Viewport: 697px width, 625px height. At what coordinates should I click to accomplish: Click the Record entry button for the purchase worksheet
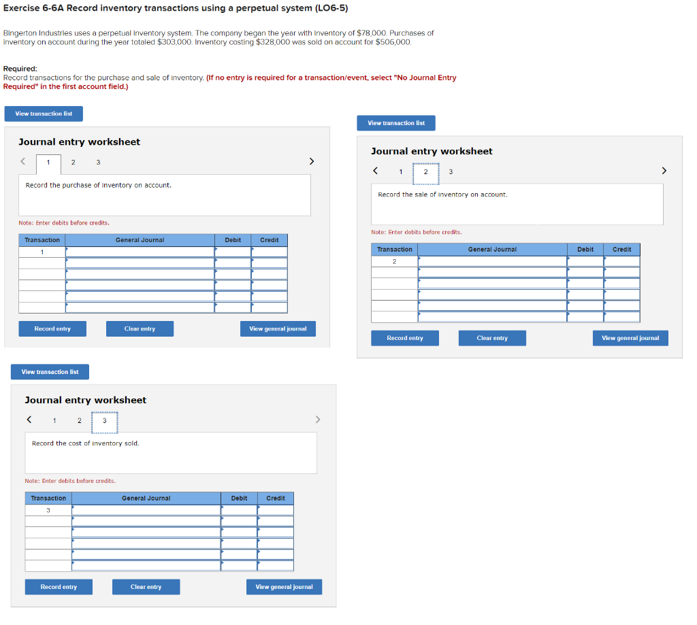52,328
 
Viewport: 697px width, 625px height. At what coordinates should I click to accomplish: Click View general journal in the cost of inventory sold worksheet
284,587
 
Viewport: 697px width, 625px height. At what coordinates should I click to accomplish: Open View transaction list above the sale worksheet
396,123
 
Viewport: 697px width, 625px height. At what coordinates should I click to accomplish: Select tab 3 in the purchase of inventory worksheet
98,162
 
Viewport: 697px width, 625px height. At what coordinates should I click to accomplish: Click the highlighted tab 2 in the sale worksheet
426,171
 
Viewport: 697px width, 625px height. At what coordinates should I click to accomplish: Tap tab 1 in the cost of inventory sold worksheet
54,420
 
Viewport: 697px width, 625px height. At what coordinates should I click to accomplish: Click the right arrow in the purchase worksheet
312,161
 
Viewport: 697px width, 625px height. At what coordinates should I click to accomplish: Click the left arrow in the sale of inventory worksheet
375,171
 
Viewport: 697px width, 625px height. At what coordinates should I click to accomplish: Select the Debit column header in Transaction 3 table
239,499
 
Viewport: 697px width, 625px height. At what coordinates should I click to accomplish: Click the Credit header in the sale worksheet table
621,250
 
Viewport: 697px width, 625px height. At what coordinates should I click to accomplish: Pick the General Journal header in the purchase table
140,240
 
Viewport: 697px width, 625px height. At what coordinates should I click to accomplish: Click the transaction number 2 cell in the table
394,261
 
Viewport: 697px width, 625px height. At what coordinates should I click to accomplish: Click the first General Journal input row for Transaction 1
140,252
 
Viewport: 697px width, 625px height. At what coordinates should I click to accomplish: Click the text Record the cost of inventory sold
86,443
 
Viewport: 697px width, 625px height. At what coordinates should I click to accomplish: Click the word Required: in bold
20,69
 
